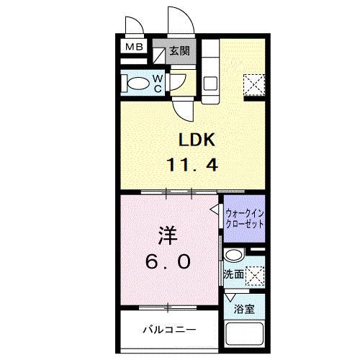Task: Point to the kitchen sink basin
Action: click(x=209, y=83)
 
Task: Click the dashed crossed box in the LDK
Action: click(x=254, y=84)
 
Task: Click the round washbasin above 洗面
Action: click(x=233, y=256)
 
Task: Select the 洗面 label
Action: click(x=233, y=274)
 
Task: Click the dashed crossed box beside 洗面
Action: click(x=254, y=276)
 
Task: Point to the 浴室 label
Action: click(x=244, y=310)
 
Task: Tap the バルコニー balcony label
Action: click(x=168, y=330)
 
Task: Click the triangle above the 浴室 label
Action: click(x=230, y=297)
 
